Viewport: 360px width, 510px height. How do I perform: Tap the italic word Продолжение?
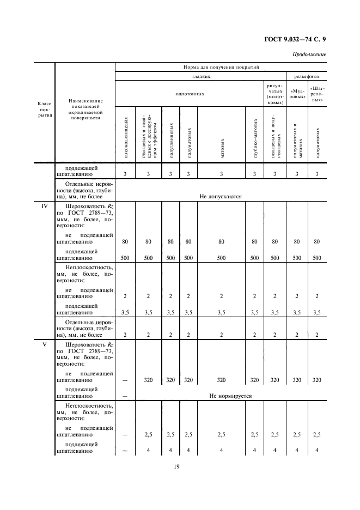(309, 54)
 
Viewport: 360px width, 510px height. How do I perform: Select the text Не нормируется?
(231, 396)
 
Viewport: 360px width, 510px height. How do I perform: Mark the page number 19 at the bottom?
(177, 466)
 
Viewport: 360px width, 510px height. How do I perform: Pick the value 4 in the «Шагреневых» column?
(317, 450)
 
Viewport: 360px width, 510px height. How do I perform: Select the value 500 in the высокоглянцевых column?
(125, 258)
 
